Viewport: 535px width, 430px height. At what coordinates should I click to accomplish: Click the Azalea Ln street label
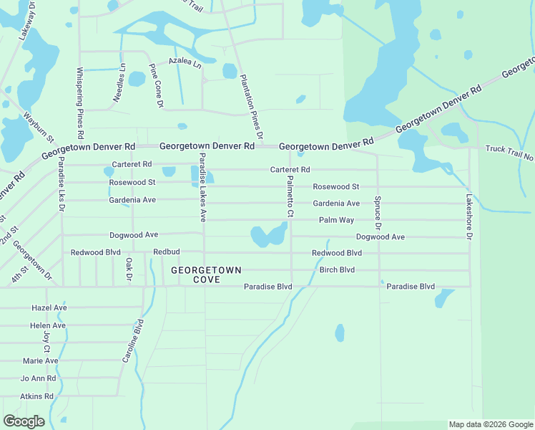[185, 62]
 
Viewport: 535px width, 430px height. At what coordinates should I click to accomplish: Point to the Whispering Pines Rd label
[80, 103]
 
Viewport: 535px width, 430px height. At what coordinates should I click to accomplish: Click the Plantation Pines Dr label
[251, 106]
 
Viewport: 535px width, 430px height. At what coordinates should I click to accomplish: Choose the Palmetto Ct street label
[290, 199]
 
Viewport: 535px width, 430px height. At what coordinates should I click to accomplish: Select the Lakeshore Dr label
[470, 216]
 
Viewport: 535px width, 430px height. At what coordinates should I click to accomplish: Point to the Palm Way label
[336, 220]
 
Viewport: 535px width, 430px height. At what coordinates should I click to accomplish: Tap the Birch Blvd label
[337, 270]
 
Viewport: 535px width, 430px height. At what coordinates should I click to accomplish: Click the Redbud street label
[166, 253]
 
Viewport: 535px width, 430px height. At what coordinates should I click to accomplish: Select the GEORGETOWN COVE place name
[206, 274]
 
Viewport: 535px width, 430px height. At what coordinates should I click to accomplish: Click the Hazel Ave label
[49, 307]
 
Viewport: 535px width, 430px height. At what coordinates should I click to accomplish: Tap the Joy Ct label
[46, 342]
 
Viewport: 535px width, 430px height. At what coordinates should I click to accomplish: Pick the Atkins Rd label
[37, 396]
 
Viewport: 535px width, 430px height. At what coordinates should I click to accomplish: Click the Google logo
[24, 421]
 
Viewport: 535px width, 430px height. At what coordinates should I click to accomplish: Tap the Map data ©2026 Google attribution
[491, 424]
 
